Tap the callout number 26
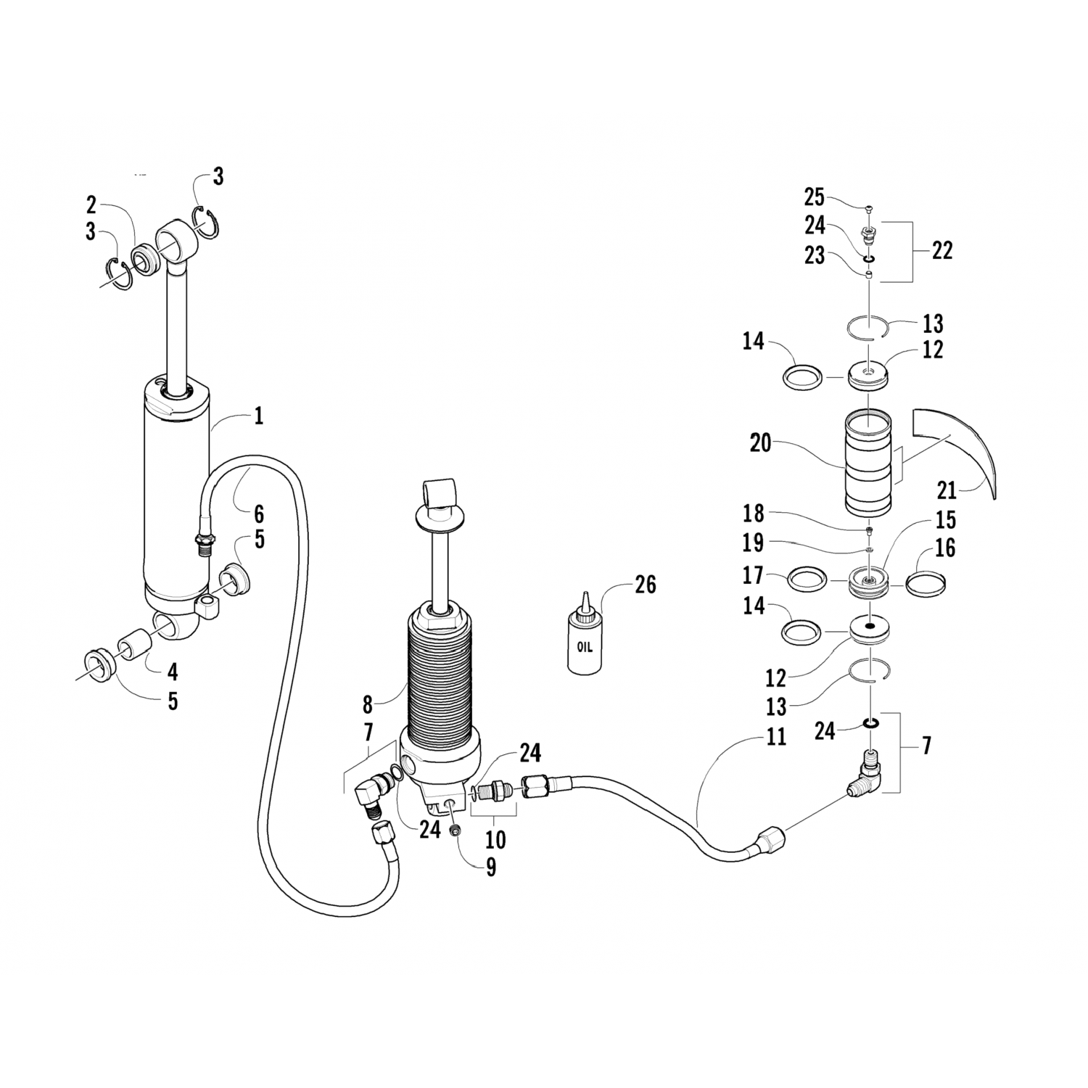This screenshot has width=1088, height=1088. (x=645, y=585)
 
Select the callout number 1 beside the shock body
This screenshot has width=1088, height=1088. (x=258, y=416)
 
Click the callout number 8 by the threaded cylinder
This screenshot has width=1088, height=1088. (x=368, y=704)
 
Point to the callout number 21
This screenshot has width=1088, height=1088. (x=947, y=491)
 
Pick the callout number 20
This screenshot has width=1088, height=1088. (x=760, y=442)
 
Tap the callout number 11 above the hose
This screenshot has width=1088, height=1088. (x=776, y=737)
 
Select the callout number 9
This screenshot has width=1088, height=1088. (x=491, y=867)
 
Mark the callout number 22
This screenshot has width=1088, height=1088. (x=941, y=251)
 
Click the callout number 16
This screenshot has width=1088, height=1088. (x=944, y=548)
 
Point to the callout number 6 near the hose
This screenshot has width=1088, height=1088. (x=258, y=515)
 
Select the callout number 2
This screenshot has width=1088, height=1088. (x=91, y=204)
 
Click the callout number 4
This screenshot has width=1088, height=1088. (x=173, y=672)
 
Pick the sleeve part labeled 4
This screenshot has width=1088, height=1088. (x=136, y=644)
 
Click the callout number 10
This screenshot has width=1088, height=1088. (x=495, y=840)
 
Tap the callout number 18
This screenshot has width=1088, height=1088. (x=753, y=514)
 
